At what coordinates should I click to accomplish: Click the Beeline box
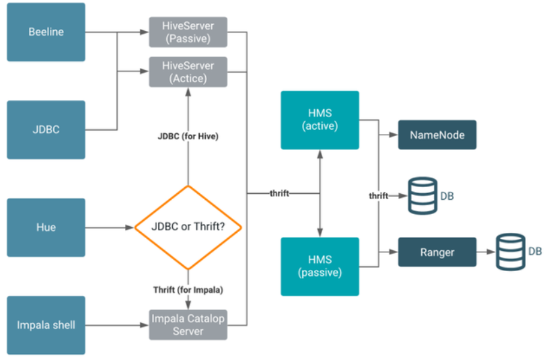(46, 32)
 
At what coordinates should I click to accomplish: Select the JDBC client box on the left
(46, 129)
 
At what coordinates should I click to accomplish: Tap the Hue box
(46, 227)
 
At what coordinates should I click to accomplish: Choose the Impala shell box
(46, 325)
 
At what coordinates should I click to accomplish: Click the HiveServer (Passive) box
(188, 32)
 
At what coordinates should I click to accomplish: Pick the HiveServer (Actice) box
(188, 72)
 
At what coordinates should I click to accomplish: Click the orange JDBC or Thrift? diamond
(188, 227)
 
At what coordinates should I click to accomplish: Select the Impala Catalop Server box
(188, 325)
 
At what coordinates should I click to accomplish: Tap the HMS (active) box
(320, 120)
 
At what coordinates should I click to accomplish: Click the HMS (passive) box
(320, 266)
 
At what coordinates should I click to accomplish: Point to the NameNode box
(437, 135)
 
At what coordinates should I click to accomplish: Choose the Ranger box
(437, 252)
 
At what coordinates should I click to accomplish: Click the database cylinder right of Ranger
(511, 252)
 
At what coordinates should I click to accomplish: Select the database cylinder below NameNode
(423, 196)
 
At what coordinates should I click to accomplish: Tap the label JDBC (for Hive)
(188, 137)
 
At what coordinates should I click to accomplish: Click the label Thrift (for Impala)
(188, 290)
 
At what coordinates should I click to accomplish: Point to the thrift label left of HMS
(279, 194)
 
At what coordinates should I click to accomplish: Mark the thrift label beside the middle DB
(378, 196)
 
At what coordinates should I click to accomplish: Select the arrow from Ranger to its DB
(486, 252)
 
